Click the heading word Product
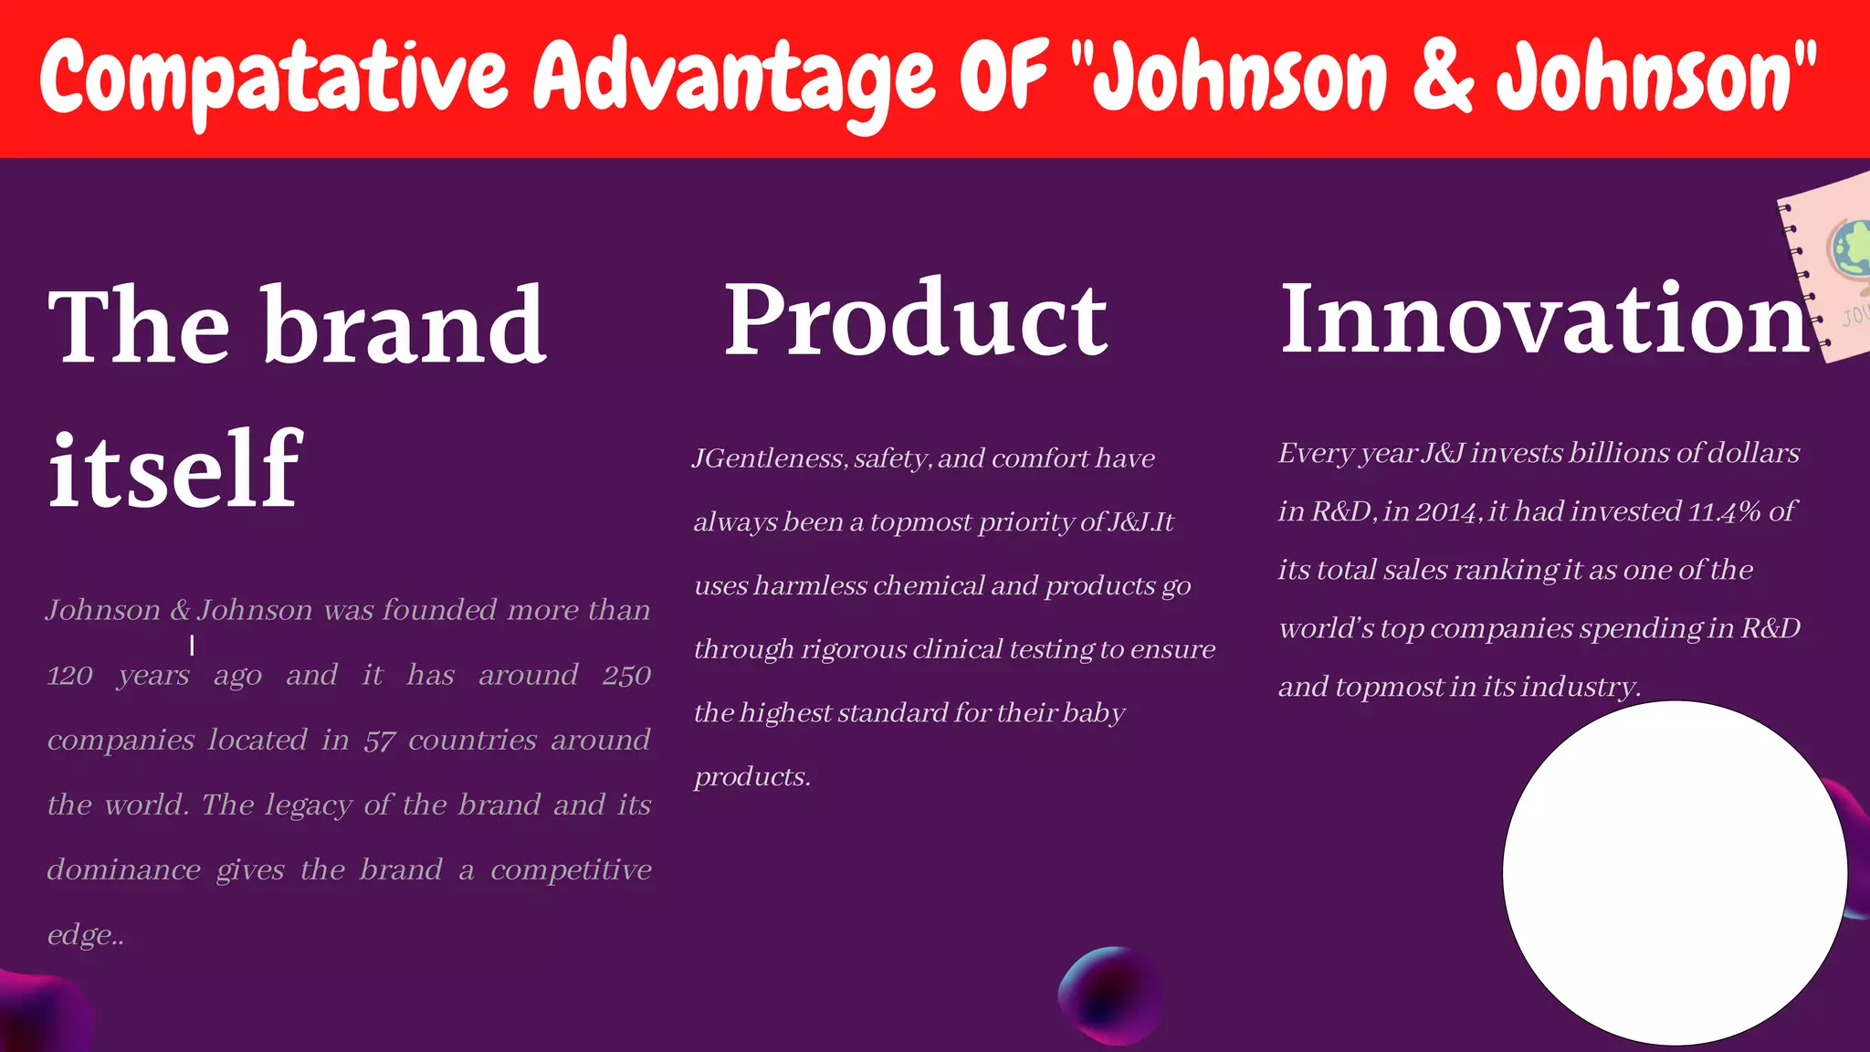click(916, 320)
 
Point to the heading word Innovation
click(1543, 320)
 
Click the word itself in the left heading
click(173, 469)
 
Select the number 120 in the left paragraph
click(70, 676)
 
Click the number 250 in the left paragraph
click(626, 676)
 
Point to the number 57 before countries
click(379, 741)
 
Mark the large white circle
click(1675, 873)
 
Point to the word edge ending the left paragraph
click(80, 936)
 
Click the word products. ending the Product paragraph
click(751, 777)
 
